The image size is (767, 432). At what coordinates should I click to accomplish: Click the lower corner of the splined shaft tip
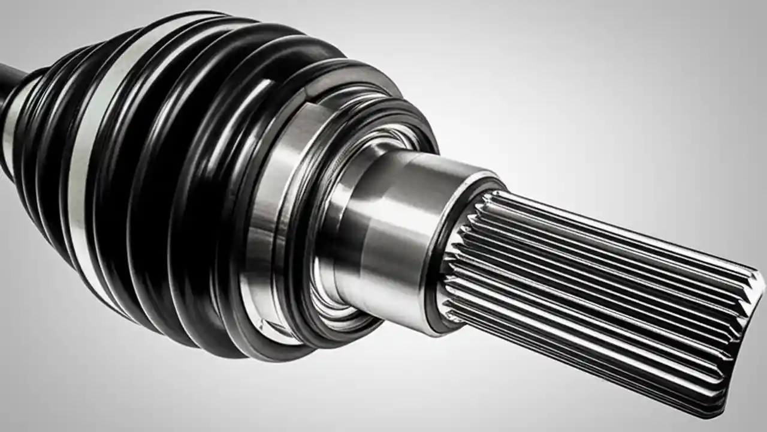pos(719,408)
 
